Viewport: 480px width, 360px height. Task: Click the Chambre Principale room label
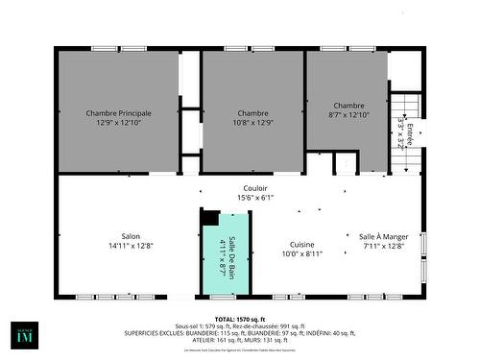click(x=119, y=112)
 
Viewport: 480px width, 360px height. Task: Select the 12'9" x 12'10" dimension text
click(x=119, y=123)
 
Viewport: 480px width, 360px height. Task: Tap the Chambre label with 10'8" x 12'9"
click(x=253, y=112)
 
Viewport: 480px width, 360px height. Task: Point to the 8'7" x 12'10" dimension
click(x=348, y=114)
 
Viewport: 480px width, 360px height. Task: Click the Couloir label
click(x=255, y=188)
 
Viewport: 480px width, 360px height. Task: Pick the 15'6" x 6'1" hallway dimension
click(x=255, y=198)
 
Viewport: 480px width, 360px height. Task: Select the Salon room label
click(x=131, y=236)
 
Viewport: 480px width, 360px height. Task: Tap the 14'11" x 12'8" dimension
click(x=131, y=246)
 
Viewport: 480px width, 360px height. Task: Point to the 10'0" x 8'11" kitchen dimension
click(x=301, y=254)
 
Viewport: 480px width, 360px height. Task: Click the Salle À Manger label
click(x=384, y=236)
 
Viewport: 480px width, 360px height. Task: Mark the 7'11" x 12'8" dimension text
click(x=384, y=246)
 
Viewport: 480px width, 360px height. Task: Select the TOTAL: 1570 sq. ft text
click(x=239, y=318)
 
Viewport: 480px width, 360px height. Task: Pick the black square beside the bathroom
click(x=210, y=218)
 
